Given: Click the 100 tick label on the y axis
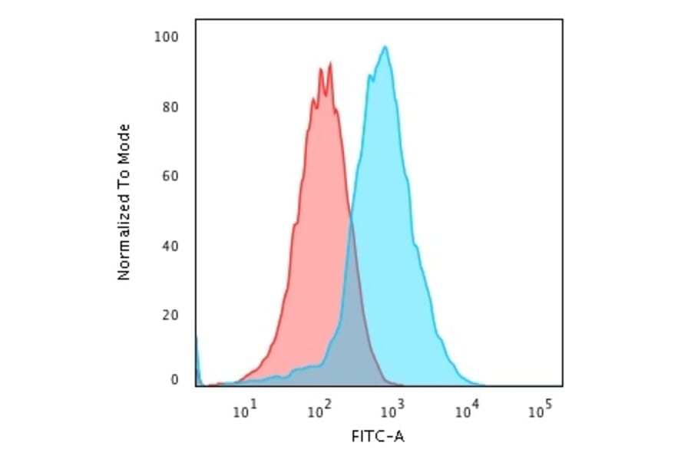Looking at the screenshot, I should (167, 37).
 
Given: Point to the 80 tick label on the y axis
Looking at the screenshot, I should (170, 107).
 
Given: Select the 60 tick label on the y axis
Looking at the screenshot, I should (170, 177).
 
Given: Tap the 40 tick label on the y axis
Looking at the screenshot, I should (170, 246).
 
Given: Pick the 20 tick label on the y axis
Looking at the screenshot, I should (170, 316).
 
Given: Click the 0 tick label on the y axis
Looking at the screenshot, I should (174, 380).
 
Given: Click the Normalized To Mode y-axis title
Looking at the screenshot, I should (124, 201).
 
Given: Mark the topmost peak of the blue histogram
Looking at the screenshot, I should (385, 47).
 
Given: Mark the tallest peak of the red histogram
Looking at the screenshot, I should (330, 64).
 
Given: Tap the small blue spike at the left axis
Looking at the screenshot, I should (197, 361).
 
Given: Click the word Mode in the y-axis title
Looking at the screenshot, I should (124, 144).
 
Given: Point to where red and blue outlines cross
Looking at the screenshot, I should (351, 221).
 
